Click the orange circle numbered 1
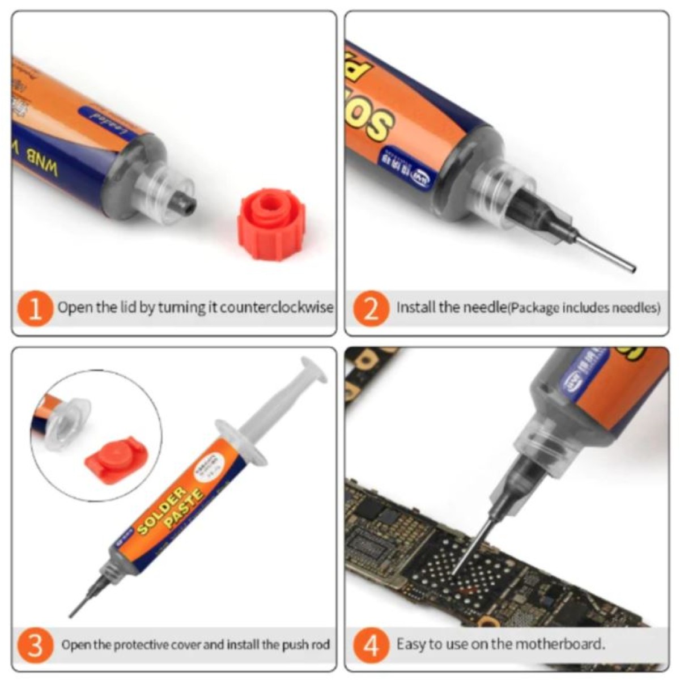pyautogui.click(x=35, y=309)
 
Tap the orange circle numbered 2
pyautogui.click(x=371, y=309)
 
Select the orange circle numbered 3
pyautogui.click(x=35, y=645)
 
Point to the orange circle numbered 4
pyautogui.click(x=371, y=645)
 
